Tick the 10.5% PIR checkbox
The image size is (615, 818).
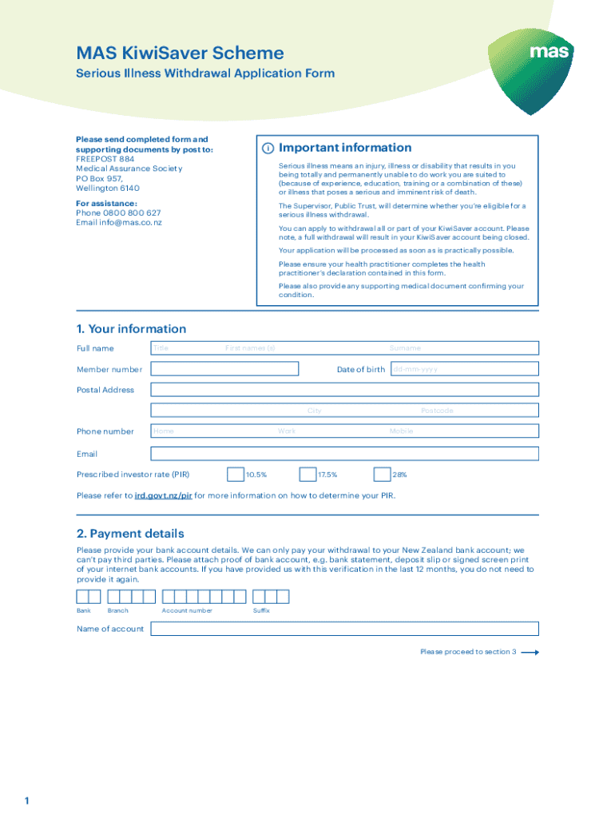(x=236, y=475)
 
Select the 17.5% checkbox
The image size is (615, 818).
(x=307, y=475)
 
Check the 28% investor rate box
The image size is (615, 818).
(x=382, y=475)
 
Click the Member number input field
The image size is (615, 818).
(x=224, y=369)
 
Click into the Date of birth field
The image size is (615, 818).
(x=463, y=369)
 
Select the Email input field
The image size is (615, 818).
(x=345, y=454)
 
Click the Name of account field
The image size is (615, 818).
(x=345, y=629)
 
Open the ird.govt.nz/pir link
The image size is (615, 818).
(x=163, y=495)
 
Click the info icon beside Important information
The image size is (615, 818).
(x=268, y=149)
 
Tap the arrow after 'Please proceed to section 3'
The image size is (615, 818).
(x=530, y=652)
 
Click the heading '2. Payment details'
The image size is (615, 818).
(x=130, y=534)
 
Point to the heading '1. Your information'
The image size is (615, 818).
(x=131, y=329)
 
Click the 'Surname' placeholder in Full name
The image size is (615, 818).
(x=405, y=348)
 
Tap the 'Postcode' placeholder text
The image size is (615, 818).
(x=437, y=411)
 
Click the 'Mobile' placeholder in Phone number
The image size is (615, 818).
(x=401, y=431)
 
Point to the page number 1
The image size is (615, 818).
(x=27, y=800)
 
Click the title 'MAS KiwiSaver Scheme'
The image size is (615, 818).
(x=180, y=54)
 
